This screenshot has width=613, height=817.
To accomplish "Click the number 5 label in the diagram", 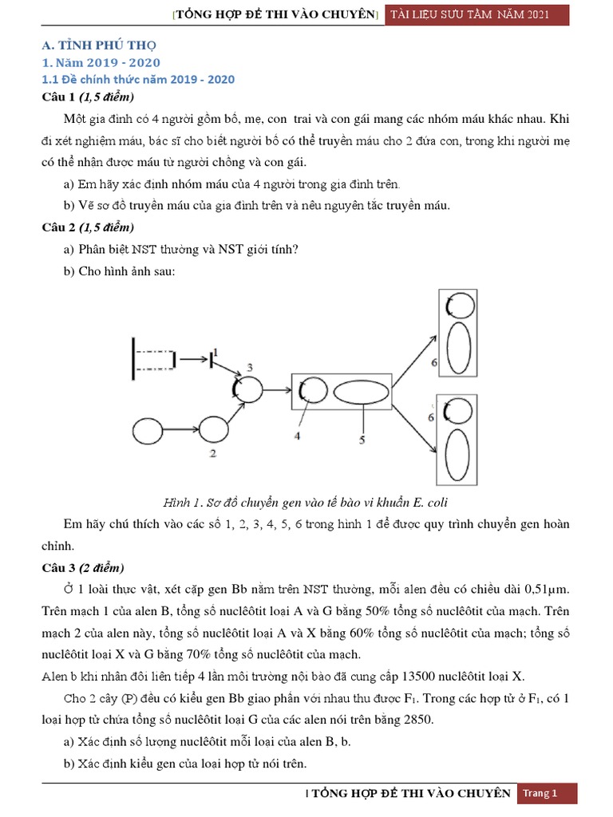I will point(362,440).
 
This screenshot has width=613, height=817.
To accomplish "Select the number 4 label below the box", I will point(297,436).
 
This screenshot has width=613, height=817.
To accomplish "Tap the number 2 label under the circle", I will point(212,454).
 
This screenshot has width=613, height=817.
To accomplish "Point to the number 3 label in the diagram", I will point(250,367).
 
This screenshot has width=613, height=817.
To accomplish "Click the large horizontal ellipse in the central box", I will point(362,393).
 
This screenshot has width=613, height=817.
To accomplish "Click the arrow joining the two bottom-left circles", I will point(180,431).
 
